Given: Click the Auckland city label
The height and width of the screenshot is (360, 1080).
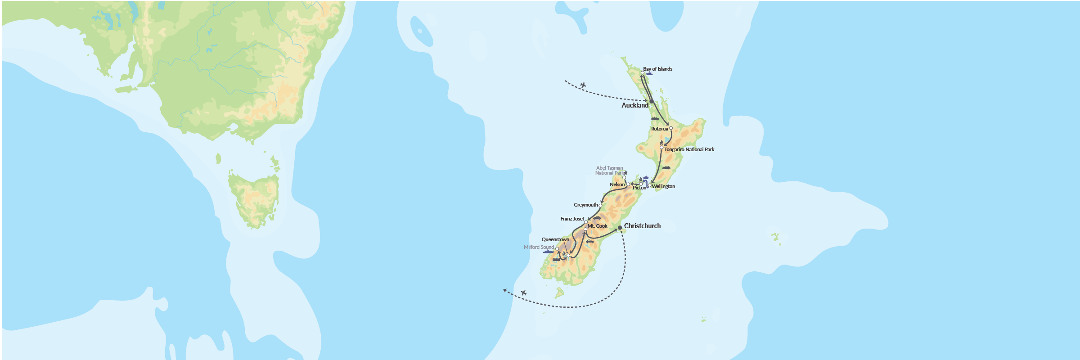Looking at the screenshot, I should coord(634,105).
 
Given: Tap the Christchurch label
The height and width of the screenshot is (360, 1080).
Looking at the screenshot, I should coord(642,226).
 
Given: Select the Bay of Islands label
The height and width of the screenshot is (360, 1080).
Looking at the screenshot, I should coord(657,69).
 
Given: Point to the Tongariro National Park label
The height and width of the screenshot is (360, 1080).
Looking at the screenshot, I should coord(689,149).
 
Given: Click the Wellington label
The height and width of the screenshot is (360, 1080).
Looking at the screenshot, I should coord(663,186).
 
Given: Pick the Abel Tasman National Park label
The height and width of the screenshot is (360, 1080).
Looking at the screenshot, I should coord(610,171).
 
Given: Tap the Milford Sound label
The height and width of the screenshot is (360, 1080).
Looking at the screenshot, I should coord(539,247).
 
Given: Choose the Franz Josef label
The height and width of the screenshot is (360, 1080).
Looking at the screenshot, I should coord(572,219).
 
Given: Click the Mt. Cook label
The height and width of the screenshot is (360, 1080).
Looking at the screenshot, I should coord(598,226).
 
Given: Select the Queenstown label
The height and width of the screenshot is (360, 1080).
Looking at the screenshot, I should coord(555,239).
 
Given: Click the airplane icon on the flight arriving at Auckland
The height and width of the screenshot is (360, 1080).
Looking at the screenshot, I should coord(583,85).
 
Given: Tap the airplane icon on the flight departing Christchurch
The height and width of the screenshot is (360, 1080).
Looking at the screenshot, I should coord(523,293).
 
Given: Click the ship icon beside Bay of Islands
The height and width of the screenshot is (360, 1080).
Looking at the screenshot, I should coord(649,74).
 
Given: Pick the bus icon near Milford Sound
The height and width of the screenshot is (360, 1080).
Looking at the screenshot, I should coord(556,259).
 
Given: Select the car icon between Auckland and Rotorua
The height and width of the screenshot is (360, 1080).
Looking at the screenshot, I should coord(655,119).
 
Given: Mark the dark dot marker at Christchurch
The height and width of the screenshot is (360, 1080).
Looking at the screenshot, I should coord(620,228).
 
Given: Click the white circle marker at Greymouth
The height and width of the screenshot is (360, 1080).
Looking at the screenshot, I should coord(600,205).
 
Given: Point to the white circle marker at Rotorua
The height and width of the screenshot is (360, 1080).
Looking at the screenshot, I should coord(671,128).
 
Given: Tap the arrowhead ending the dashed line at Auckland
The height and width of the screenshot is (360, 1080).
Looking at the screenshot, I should coord(646,100).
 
